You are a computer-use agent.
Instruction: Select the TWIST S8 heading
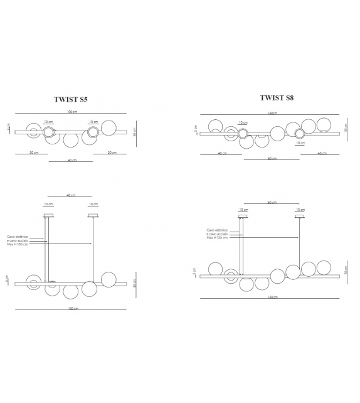277,98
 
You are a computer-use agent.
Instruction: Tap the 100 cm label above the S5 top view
72,112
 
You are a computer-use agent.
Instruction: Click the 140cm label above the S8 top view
272,113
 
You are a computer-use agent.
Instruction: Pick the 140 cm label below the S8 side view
272,297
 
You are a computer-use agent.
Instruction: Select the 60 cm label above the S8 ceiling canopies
272,203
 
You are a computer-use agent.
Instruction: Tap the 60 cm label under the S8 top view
272,159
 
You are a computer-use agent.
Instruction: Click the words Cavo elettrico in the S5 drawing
17,236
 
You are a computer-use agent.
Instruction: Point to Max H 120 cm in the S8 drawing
217,238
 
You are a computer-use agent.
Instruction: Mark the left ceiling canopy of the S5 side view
48,216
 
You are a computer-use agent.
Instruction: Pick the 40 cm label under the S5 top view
72,161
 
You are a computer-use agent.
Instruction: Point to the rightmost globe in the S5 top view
109,126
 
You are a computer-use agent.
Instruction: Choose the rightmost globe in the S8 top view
325,125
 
